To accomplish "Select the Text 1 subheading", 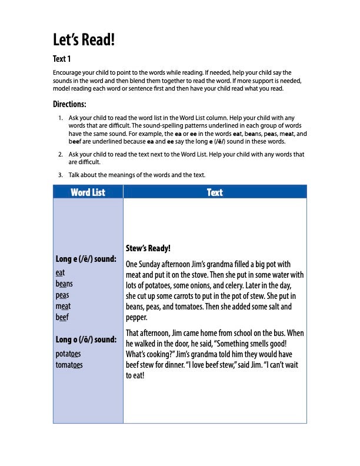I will click(x=62, y=59).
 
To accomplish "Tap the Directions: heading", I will click(x=69, y=104).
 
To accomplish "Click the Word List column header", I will click(x=88, y=192).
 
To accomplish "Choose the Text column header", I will click(x=215, y=192).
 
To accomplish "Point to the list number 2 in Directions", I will click(x=61, y=154).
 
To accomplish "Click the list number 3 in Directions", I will click(x=61, y=175).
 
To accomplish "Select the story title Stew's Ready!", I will click(x=148, y=249).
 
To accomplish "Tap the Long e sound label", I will click(x=86, y=259).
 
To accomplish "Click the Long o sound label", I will click(x=86, y=339).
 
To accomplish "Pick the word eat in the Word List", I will click(x=60, y=272).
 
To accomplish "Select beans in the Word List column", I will click(x=64, y=284).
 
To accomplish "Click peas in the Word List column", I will click(x=62, y=295).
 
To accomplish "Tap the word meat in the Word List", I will click(x=63, y=306).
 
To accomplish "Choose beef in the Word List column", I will click(x=62, y=317).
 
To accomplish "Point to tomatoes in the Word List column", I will click(x=69, y=364).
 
